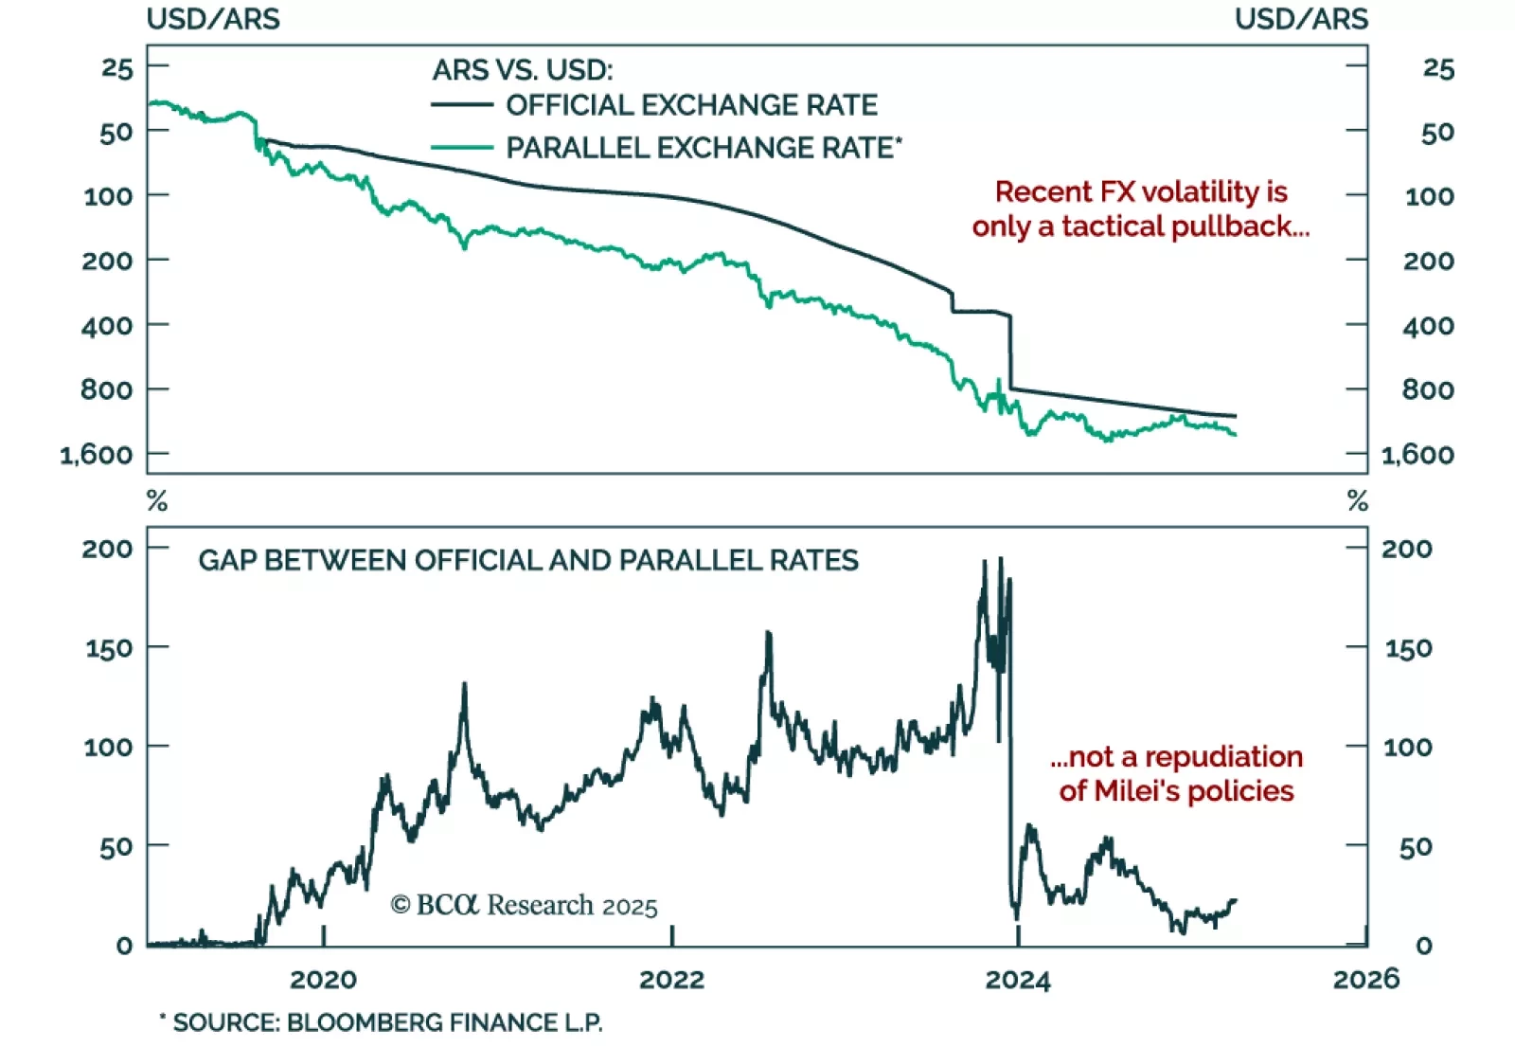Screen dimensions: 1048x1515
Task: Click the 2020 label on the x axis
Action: [323, 979]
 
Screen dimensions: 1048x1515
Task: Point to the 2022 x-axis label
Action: [671, 979]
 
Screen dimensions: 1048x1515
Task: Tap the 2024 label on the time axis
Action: [1018, 979]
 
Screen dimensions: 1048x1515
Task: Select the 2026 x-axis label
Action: [1365, 979]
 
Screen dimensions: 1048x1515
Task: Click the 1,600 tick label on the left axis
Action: [97, 455]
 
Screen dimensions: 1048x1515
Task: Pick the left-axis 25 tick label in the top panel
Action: [117, 68]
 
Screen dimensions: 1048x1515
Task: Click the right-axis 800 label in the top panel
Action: [1428, 389]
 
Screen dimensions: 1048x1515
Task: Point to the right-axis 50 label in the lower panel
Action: [1416, 847]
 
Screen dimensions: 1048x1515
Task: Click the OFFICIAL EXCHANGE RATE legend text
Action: [691, 105]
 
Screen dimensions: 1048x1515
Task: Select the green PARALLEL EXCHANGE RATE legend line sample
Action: [462, 148]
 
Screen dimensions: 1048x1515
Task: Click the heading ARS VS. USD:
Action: [523, 70]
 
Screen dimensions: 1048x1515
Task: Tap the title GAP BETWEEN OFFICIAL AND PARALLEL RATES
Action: [528, 560]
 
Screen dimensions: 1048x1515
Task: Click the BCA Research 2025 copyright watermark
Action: [524, 906]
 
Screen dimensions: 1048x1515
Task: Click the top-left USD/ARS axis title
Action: [213, 19]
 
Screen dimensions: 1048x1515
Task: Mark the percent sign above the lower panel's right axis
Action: [1358, 500]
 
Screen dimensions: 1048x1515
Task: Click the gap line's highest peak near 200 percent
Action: [1001, 559]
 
